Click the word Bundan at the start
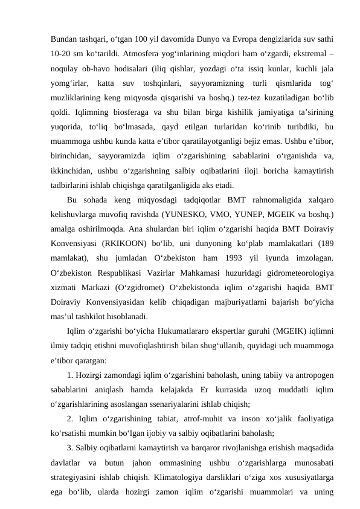tap(63, 28)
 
